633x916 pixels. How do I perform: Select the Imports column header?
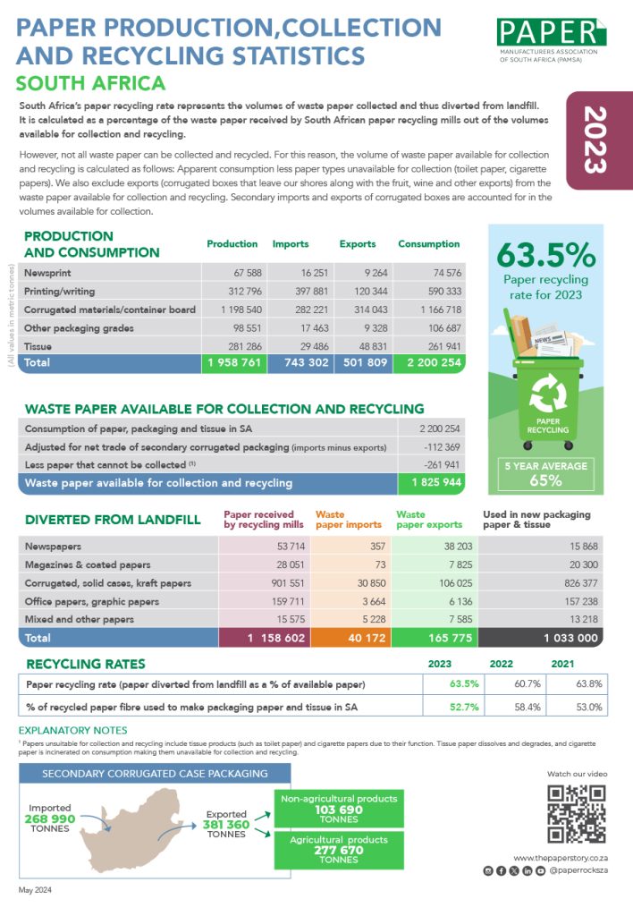coord(290,243)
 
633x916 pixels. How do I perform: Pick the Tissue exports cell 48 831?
coord(365,346)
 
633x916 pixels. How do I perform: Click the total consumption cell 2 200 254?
coord(429,363)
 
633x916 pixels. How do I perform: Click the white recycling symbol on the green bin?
coord(545,394)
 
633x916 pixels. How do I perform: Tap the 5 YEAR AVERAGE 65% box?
coord(545,473)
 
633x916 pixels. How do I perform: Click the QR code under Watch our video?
coord(576,814)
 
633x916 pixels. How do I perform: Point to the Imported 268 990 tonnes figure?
coord(50,818)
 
